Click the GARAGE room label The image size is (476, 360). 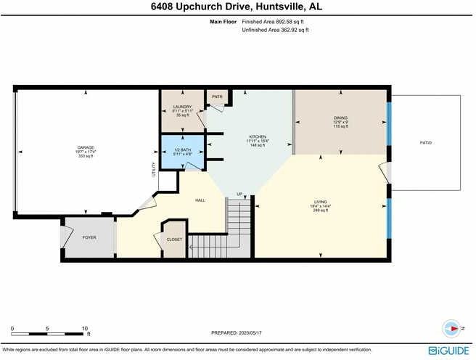(86, 147)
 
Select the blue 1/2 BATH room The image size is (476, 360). (182, 152)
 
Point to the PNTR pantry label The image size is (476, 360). (216, 97)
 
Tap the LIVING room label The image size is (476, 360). (321, 202)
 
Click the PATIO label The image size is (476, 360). (425, 143)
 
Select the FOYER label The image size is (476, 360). (89, 237)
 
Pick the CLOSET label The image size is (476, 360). (175, 239)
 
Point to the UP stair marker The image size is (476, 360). (239, 194)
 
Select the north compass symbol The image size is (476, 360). (454, 329)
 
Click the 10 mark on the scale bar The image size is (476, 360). (86, 328)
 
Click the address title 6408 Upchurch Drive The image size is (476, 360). (237, 7)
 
